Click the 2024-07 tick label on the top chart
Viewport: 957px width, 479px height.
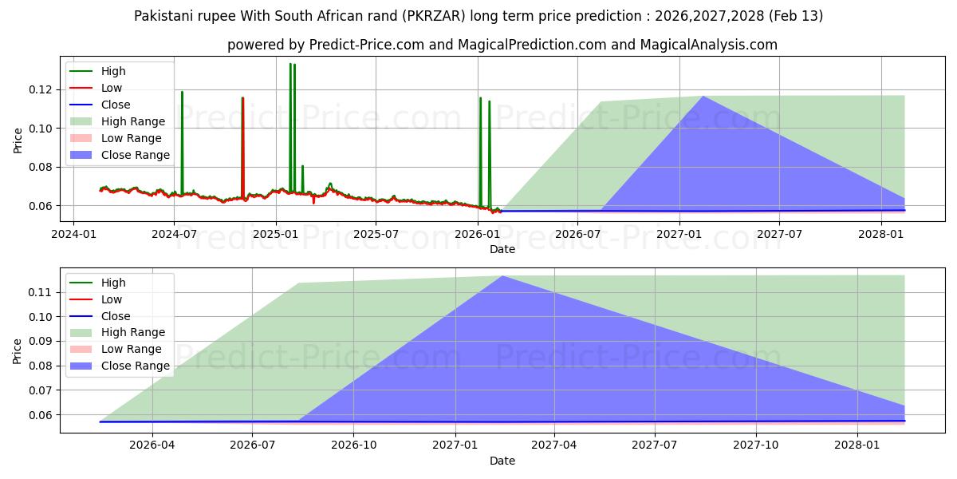(174, 234)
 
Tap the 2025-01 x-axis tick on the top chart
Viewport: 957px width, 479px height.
(275, 234)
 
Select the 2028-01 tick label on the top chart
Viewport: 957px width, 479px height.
(881, 234)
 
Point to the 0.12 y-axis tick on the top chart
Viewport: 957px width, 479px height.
(40, 89)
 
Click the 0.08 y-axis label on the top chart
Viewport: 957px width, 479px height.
(40, 167)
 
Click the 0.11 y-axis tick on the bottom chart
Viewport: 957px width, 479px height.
(40, 292)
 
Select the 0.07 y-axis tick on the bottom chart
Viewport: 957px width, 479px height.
(40, 390)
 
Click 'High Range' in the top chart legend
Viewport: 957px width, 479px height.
(133, 121)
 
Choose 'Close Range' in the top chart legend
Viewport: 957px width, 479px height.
(135, 155)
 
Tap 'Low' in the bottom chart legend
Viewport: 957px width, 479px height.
(112, 299)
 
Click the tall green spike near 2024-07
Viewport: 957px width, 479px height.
(182, 93)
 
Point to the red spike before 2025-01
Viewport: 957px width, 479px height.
(242, 99)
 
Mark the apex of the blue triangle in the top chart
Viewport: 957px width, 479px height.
(703, 97)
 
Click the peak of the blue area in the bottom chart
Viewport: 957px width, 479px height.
(502, 276)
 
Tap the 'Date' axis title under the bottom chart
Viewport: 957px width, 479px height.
(502, 461)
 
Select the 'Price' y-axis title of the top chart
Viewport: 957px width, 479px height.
(18, 141)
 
